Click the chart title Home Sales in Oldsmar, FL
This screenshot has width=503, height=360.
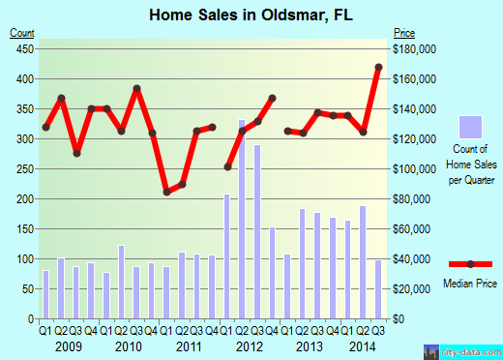tap(251, 15)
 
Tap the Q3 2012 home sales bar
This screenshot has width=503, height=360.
tap(257, 232)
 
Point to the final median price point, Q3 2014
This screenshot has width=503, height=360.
tap(378, 67)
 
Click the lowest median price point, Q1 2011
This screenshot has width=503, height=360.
tap(166, 192)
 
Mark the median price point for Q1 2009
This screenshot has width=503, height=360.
tap(45, 127)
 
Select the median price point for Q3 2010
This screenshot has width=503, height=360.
tap(136, 88)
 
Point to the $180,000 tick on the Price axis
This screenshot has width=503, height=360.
tap(413, 48)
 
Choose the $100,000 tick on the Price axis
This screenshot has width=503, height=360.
tap(413, 169)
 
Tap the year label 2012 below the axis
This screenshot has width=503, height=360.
tap(249, 346)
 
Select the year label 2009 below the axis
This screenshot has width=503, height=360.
tap(68, 346)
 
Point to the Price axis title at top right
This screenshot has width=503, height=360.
tap(404, 33)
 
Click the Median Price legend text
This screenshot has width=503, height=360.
tap(471, 283)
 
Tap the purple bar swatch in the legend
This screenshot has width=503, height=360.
tap(470, 127)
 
